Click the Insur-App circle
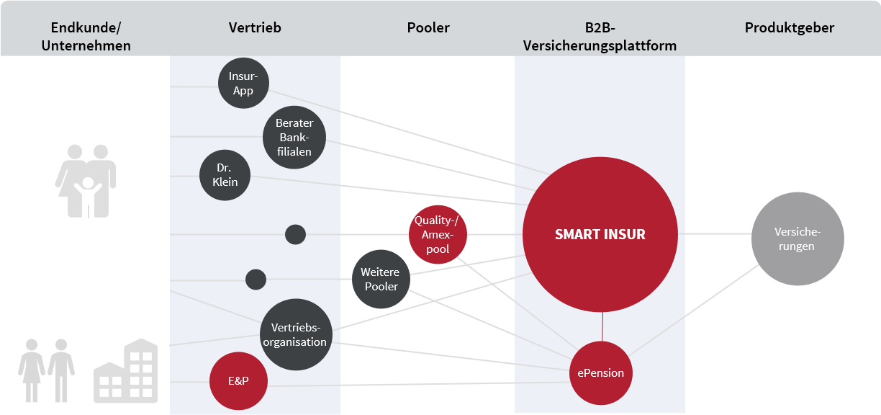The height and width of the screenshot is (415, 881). pos(243,84)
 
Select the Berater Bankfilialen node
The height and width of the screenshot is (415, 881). pos(294,138)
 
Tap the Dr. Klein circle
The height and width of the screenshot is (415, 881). pos(225,175)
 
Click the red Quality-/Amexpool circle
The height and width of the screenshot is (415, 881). pos(438,234)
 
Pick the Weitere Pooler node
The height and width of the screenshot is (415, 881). pos(380,279)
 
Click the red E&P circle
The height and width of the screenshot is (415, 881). pos(238,380)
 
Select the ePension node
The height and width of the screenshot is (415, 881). pos(601,373)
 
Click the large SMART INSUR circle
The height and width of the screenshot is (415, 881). pos(600,234)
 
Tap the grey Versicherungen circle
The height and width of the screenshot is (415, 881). pos(797,239)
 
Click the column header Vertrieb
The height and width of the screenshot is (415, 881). pos(255,28)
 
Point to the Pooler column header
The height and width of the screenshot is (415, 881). pos(428,28)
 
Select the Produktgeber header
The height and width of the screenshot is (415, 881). pos(790,28)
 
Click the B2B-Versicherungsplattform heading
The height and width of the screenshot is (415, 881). pos(600,37)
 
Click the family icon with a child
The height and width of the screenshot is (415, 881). pos(86,181)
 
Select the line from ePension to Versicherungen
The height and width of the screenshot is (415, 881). pos(695,308)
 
